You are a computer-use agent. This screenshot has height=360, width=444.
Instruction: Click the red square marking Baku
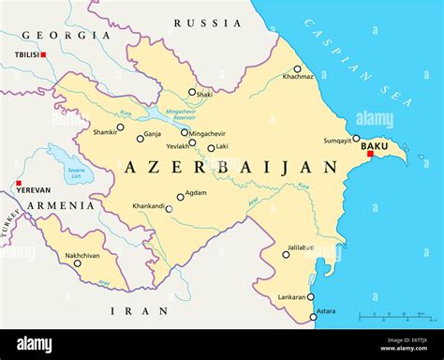(x=370, y=155)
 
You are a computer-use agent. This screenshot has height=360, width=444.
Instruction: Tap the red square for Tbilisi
(x=43, y=55)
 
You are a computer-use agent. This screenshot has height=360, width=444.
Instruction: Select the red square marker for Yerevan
(x=19, y=183)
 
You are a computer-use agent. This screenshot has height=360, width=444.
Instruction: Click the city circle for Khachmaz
(x=298, y=68)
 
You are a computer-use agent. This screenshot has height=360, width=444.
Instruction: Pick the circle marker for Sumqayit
(x=356, y=138)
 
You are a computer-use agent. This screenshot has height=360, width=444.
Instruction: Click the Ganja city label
(x=153, y=134)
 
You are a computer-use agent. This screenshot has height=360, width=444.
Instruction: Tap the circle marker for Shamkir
(x=120, y=127)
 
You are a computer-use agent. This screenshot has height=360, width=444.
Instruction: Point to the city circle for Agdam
(x=180, y=197)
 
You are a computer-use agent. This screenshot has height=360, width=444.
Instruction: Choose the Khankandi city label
(x=149, y=206)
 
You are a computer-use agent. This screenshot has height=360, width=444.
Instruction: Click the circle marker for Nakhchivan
(x=78, y=262)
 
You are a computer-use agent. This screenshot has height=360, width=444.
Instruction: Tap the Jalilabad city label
(x=302, y=248)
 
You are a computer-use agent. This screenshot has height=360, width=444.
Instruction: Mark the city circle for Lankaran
(x=311, y=296)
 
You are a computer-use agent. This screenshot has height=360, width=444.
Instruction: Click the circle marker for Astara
(x=314, y=316)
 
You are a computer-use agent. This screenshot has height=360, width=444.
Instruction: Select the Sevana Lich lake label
(x=76, y=172)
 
